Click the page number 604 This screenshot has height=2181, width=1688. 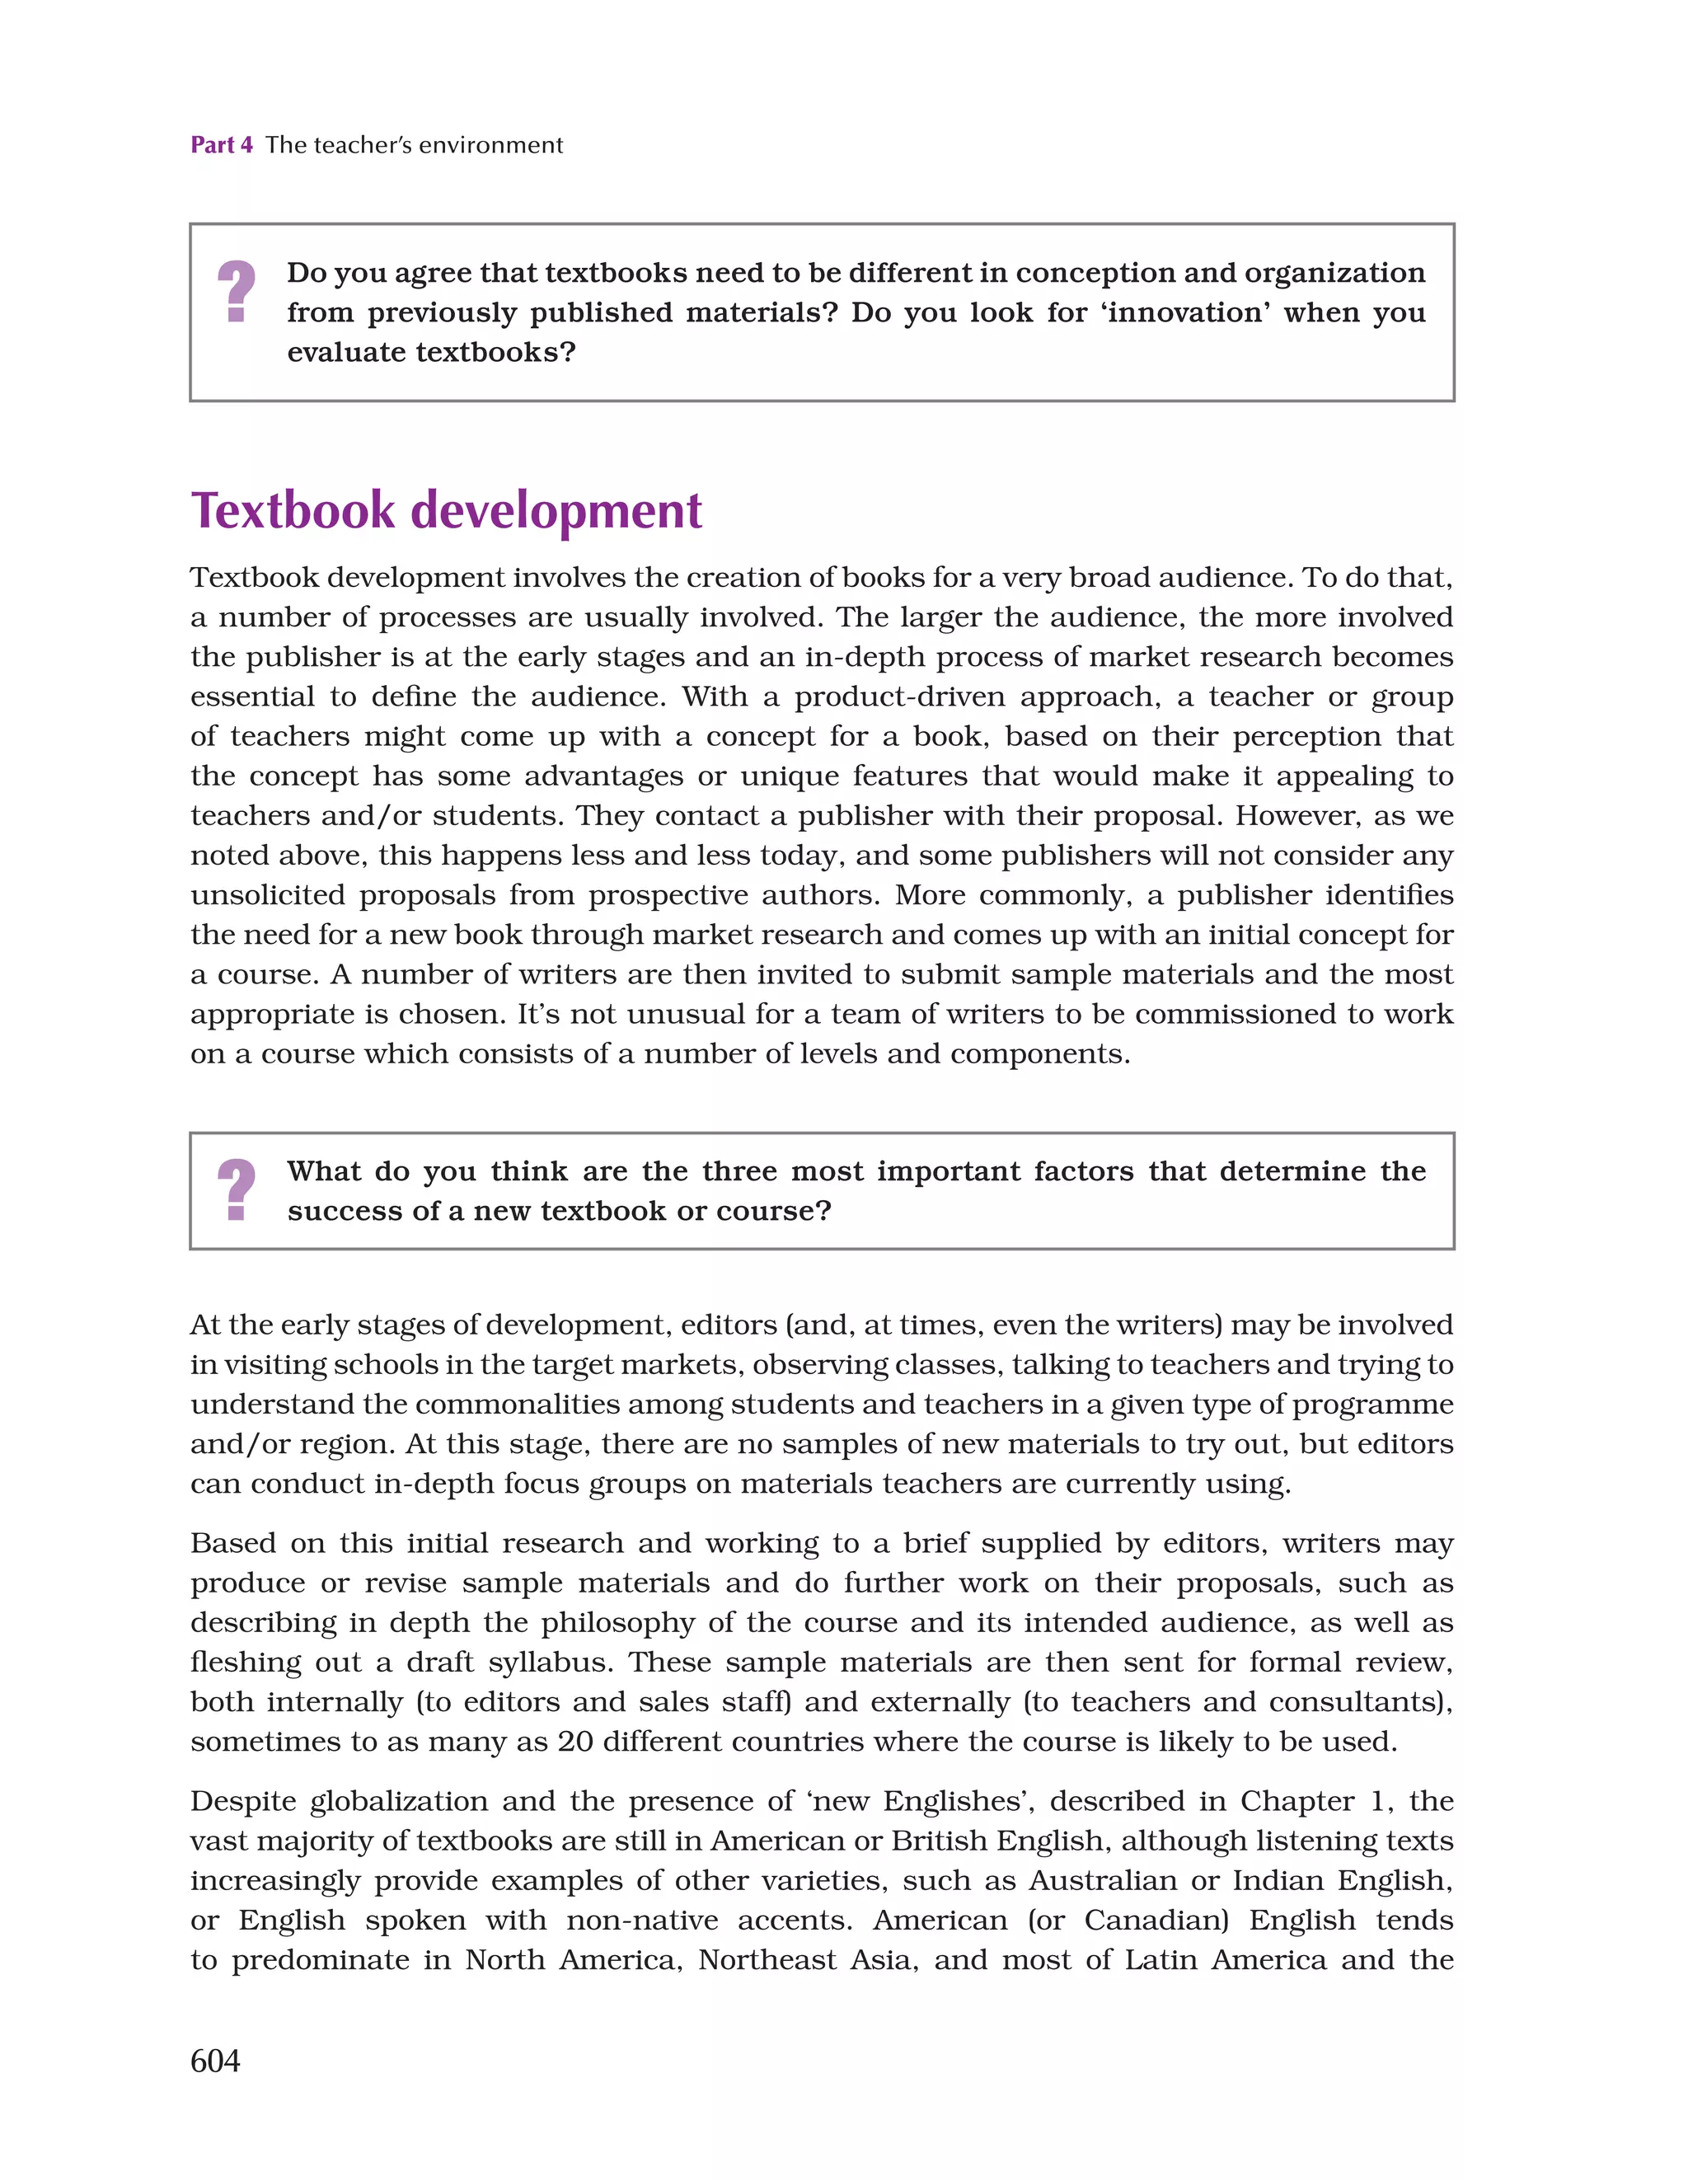[215, 2060]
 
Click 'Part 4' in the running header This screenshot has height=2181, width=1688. [222, 145]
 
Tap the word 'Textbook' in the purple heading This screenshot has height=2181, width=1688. [293, 510]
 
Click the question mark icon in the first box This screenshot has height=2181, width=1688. [237, 291]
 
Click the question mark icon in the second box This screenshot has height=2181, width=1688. [237, 1189]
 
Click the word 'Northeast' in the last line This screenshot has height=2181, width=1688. [766, 1959]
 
